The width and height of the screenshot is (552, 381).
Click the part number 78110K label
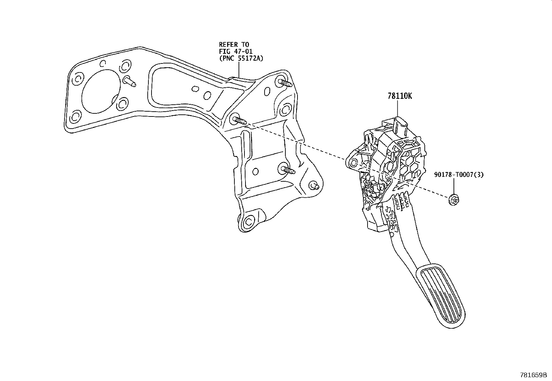[400, 96]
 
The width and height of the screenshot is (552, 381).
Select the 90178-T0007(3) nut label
[458, 175]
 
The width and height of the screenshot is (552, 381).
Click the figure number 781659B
[533, 375]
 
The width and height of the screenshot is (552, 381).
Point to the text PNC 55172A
[241, 58]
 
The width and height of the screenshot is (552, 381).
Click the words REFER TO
[234, 44]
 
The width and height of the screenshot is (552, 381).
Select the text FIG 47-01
[235, 51]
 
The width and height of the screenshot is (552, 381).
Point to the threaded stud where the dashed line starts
[239, 120]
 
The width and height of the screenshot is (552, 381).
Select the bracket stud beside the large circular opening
[130, 81]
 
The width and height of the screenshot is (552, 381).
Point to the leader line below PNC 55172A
[239, 69]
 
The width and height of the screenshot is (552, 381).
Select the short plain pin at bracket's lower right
[315, 186]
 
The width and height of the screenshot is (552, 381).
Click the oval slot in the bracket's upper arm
[196, 89]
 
